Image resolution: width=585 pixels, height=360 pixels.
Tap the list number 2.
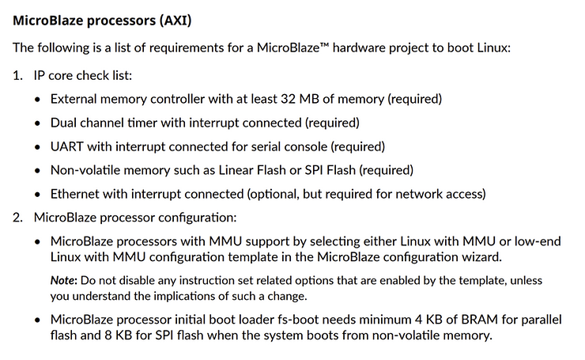17,217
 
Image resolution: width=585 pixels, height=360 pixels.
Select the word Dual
65,123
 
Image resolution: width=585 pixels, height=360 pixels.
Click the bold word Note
63,281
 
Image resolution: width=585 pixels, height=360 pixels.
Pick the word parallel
515,319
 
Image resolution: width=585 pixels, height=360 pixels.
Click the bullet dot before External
40,100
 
